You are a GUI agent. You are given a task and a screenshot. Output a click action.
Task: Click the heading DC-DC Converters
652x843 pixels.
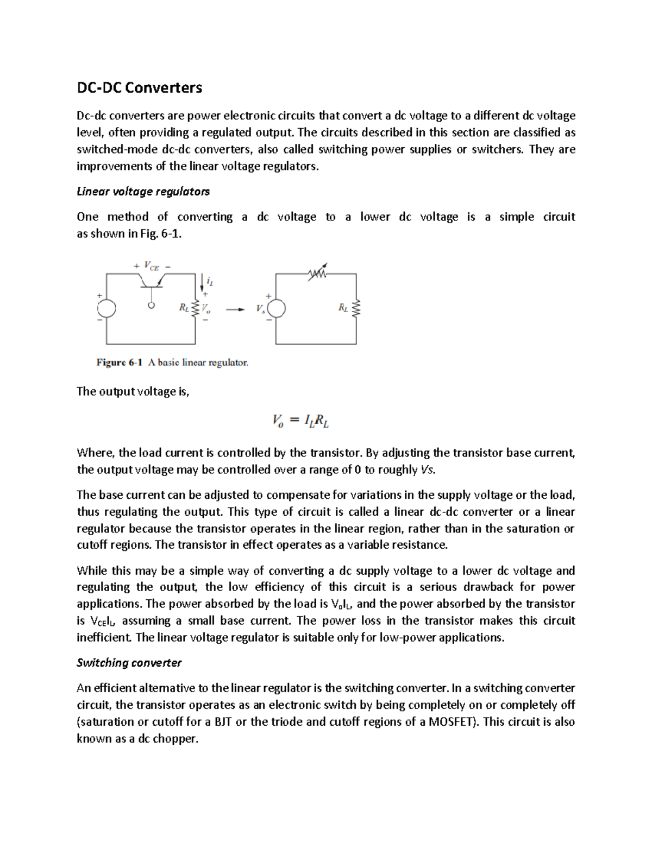[x=139, y=87]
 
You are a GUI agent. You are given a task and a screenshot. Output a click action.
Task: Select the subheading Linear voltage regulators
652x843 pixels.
[x=143, y=192]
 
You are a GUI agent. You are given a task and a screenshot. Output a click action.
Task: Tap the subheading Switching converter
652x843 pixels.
[x=129, y=663]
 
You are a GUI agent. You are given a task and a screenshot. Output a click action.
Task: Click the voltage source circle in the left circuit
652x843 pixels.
[x=106, y=308]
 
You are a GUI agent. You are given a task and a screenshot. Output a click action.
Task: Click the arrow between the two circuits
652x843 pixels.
[x=234, y=309]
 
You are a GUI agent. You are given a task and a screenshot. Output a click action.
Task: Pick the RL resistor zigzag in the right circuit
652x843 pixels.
[x=356, y=308]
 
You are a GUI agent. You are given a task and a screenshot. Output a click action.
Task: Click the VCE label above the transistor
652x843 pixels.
[x=152, y=266]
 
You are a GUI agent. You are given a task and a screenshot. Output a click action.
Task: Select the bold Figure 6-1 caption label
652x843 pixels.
[x=119, y=362]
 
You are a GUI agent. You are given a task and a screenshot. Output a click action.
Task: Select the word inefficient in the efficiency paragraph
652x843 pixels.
[x=104, y=637]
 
